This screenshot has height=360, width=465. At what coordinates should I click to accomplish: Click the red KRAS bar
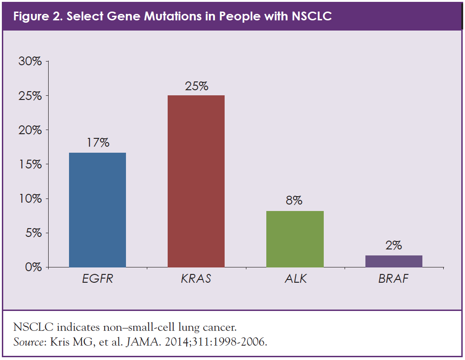point(196,181)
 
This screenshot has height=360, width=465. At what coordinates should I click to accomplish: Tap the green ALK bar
point(295,239)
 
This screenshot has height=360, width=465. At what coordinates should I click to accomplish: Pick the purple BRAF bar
point(394,261)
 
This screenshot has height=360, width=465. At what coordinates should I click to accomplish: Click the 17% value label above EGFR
point(98,143)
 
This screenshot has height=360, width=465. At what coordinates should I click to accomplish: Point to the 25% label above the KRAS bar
point(196,86)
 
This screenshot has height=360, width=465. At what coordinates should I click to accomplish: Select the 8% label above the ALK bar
point(295,200)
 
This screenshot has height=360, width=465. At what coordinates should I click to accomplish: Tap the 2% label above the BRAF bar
point(394,245)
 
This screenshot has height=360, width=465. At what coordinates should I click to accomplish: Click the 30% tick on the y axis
point(31,62)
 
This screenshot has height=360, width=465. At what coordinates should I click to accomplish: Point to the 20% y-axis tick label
point(31,130)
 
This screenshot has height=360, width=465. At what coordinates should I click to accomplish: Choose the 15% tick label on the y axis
point(31,164)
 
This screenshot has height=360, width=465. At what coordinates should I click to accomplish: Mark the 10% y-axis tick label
point(31,199)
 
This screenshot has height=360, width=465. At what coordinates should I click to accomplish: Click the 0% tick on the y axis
point(33,267)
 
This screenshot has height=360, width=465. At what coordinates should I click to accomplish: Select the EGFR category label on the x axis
point(97,279)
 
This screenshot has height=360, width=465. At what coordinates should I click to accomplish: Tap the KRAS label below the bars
point(196,279)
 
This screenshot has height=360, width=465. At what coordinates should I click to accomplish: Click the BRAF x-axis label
point(394,279)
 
